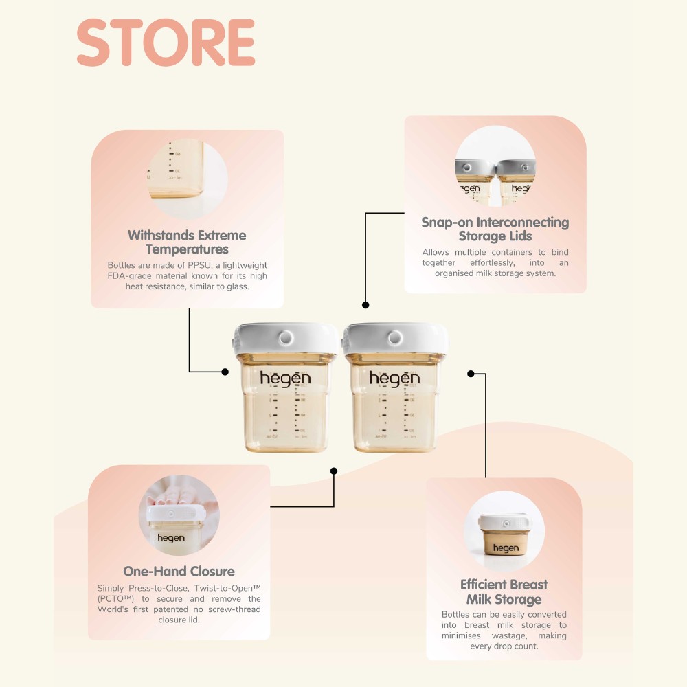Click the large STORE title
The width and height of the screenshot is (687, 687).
166,43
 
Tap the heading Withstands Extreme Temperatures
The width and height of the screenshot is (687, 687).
187,243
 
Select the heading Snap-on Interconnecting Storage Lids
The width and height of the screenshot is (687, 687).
495,229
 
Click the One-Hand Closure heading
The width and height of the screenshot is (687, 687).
179,572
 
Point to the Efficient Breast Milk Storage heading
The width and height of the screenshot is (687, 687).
504,592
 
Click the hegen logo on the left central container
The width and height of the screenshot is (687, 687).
285,379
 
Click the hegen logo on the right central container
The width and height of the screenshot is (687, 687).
394,379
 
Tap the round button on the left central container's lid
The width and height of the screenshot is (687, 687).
286,338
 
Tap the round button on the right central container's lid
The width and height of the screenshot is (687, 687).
395,338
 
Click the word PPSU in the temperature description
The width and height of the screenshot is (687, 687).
199,265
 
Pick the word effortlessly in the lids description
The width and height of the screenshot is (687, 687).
493,262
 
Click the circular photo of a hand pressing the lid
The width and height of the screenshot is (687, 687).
179,515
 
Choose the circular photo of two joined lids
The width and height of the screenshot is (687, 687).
495,166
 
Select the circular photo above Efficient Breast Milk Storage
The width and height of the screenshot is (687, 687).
504,530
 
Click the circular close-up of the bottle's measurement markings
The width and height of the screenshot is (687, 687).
188,179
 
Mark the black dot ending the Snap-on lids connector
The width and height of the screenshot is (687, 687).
365,305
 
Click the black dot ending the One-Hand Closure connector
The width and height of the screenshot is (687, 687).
334,471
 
